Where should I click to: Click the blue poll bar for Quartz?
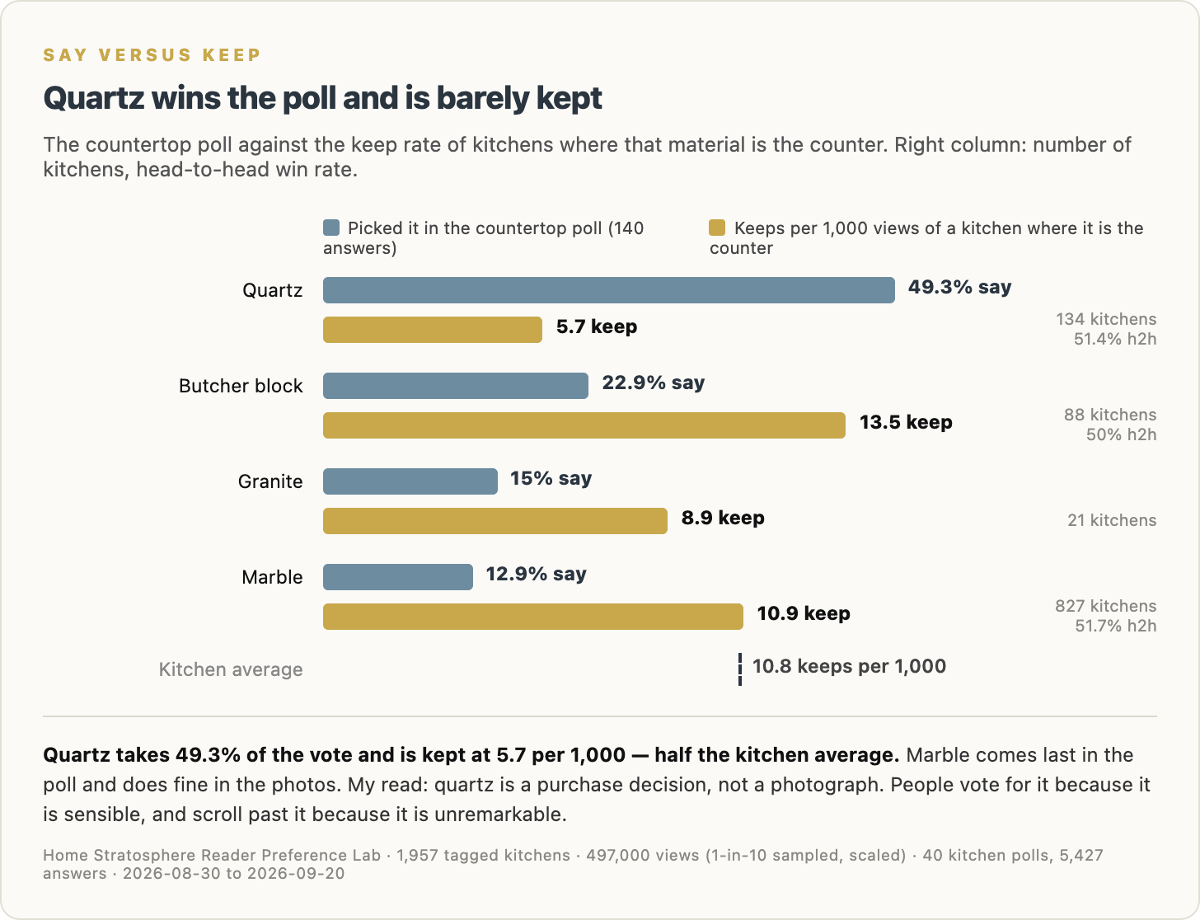pyautogui.click(x=608, y=290)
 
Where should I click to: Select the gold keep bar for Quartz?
pyautogui.click(x=433, y=330)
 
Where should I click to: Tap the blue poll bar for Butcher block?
pyautogui.click(x=456, y=386)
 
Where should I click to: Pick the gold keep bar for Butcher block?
pyautogui.click(x=584, y=425)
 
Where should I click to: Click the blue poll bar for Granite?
pyautogui.click(x=410, y=481)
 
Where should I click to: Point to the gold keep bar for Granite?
pyautogui.click(x=495, y=521)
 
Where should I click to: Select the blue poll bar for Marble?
pyautogui.click(x=398, y=576)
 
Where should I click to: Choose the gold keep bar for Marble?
pyautogui.click(x=533, y=617)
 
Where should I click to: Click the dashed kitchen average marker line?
pyautogui.click(x=740, y=669)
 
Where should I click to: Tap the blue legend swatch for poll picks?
pyautogui.click(x=331, y=228)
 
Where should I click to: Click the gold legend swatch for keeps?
pyautogui.click(x=717, y=228)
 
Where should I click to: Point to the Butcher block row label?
pyautogui.click(x=241, y=386)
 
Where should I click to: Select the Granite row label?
pyautogui.click(x=270, y=481)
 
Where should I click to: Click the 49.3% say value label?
pyautogui.click(x=960, y=287)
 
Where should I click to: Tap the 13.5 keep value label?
pyautogui.click(x=907, y=422)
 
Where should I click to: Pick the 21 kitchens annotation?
pyautogui.click(x=1112, y=520)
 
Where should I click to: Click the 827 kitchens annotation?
pyautogui.click(x=1105, y=606)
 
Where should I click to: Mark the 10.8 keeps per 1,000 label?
pyautogui.click(x=850, y=666)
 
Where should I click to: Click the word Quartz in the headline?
pyautogui.click(x=94, y=98)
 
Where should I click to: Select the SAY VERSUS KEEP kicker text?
pyautogui.click(x=152, y=54)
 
